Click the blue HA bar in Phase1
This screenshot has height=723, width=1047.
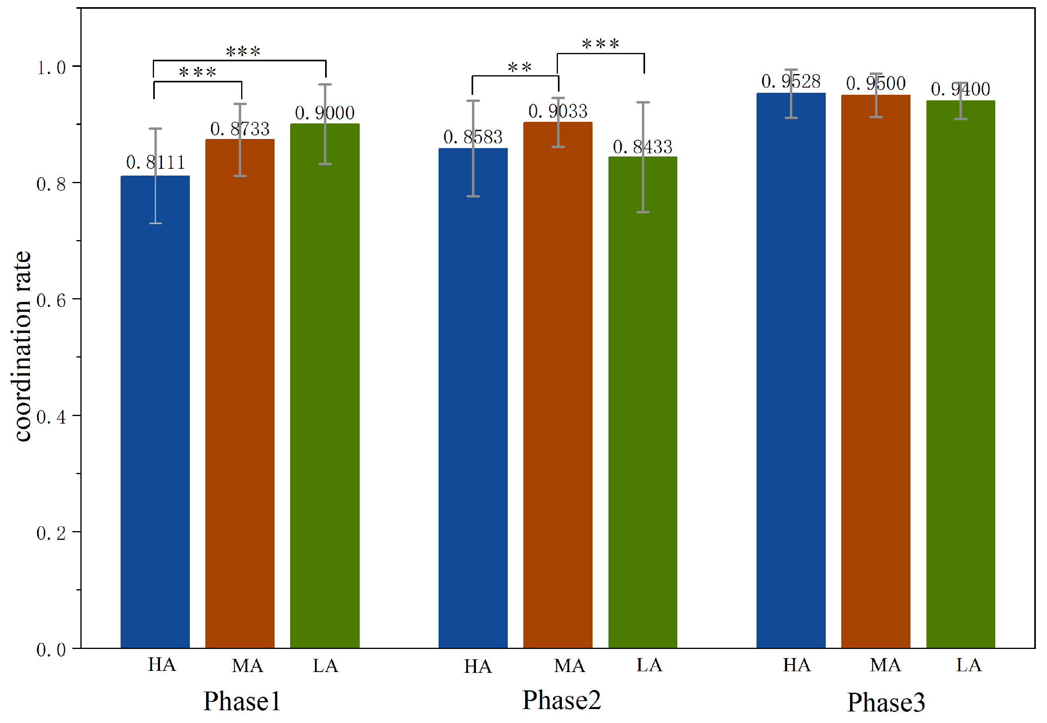pos(155,412)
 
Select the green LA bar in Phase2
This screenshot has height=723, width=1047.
pos(643,403)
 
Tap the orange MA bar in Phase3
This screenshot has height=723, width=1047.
pos(875,371)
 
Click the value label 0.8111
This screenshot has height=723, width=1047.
pos(155,162)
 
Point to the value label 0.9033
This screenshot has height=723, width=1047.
pos(558,111)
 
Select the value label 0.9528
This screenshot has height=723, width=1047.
pos(791,82)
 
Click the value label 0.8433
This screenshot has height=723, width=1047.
pos(642,147)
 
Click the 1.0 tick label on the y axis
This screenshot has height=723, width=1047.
pos(51,68)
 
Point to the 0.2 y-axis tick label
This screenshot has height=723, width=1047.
pos(51,533)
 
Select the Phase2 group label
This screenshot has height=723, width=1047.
pos(562,700)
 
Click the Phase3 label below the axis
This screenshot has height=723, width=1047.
pos(886,702)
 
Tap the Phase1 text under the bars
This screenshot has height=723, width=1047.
pos(242,701)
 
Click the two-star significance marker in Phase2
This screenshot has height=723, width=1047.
pos(519,68)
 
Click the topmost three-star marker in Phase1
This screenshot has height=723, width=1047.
pos(243,52)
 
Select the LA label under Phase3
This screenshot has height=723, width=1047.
pos(969,665)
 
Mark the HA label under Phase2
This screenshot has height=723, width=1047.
pos(478,667)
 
